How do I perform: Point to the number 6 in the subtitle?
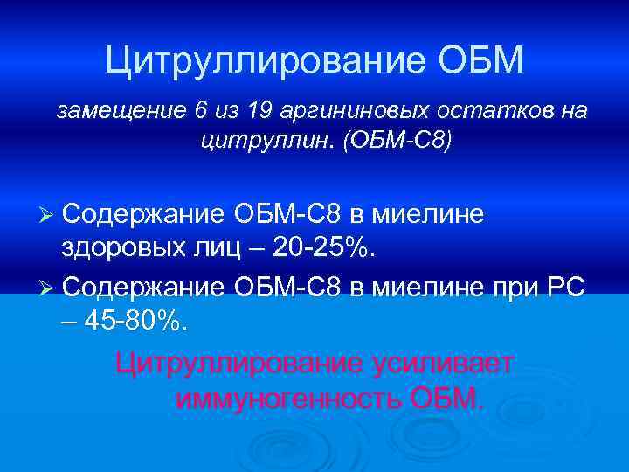point(202,111)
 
